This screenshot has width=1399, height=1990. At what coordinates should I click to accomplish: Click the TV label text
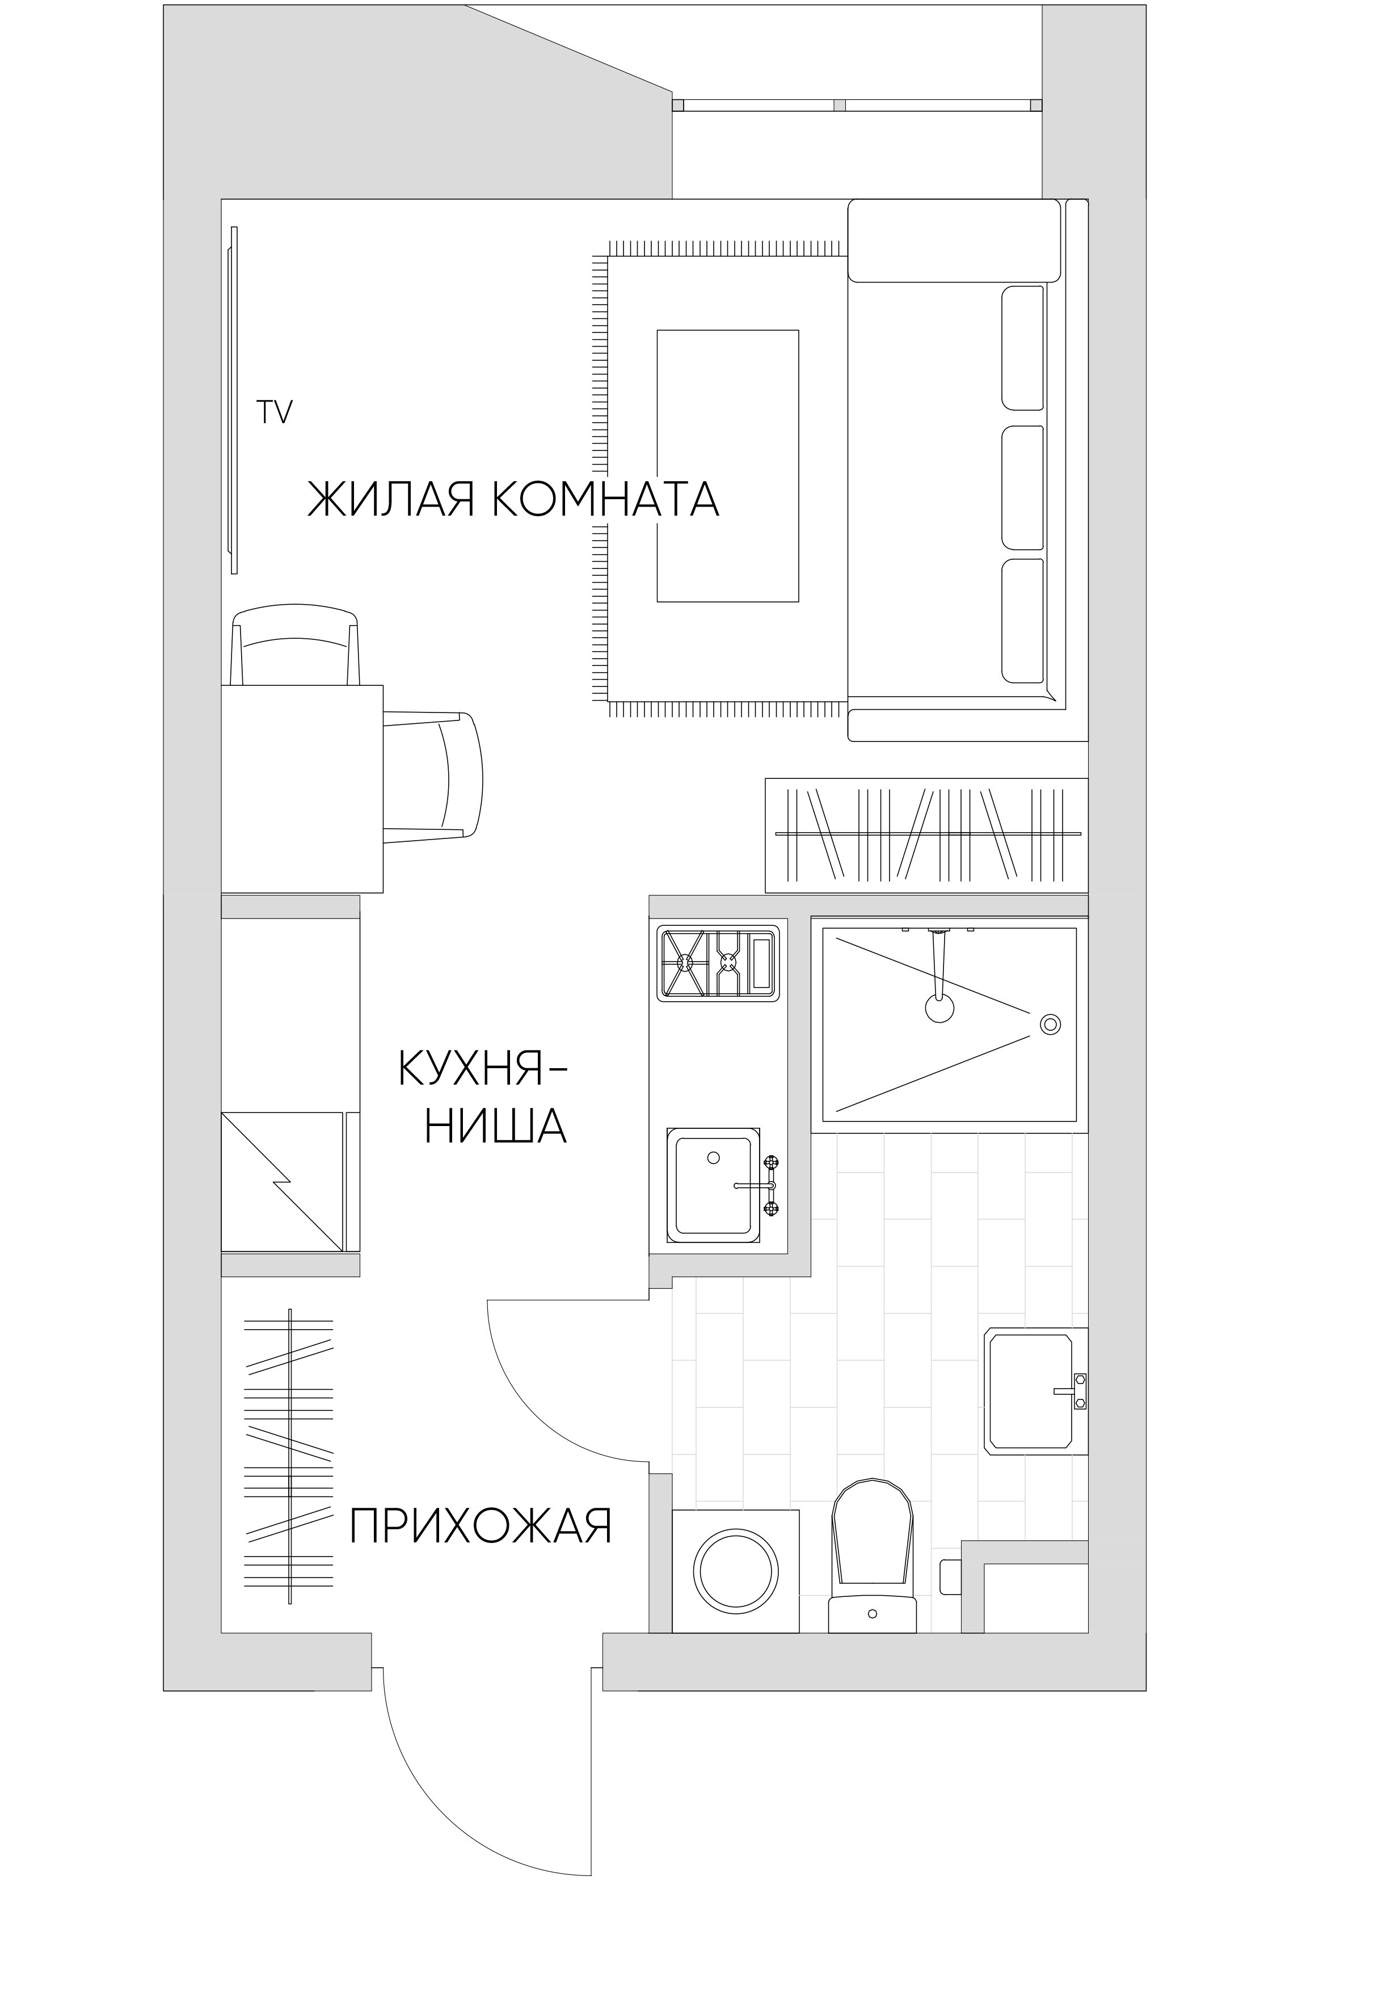pyautogui.click(x=274, y=412)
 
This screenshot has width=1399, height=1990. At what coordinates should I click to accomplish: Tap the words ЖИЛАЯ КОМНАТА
pyautogui.click(x=513, y=500)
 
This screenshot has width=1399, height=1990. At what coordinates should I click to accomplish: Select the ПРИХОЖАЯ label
pyautogui.click(x=480, y=1527)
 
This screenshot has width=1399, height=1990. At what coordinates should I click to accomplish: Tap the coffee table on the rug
pyautogui.click(x=727, y=465)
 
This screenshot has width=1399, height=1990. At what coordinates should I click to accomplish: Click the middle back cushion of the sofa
pyautogui.click(x=1023, y=487)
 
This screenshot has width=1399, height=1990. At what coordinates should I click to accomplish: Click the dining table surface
pyautogui.click(x=302, y=789)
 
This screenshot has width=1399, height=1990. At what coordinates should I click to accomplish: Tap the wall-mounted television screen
pyautogui.click(x=232, y=399)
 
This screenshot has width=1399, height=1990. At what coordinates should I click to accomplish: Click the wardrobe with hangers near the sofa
pyautogui.click(x=926, y=836)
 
